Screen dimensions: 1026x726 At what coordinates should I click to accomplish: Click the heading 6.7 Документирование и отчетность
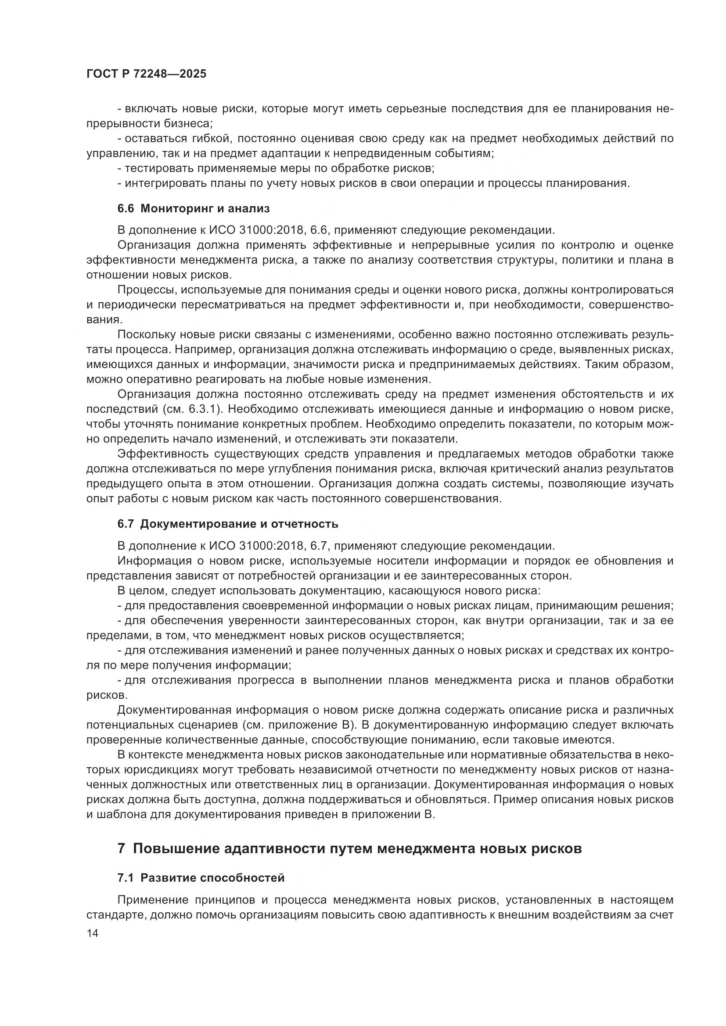point(227,524)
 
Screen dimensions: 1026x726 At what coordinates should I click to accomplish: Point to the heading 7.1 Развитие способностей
point(201,878)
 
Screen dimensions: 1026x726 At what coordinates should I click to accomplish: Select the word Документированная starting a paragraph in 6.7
point(174,710)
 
